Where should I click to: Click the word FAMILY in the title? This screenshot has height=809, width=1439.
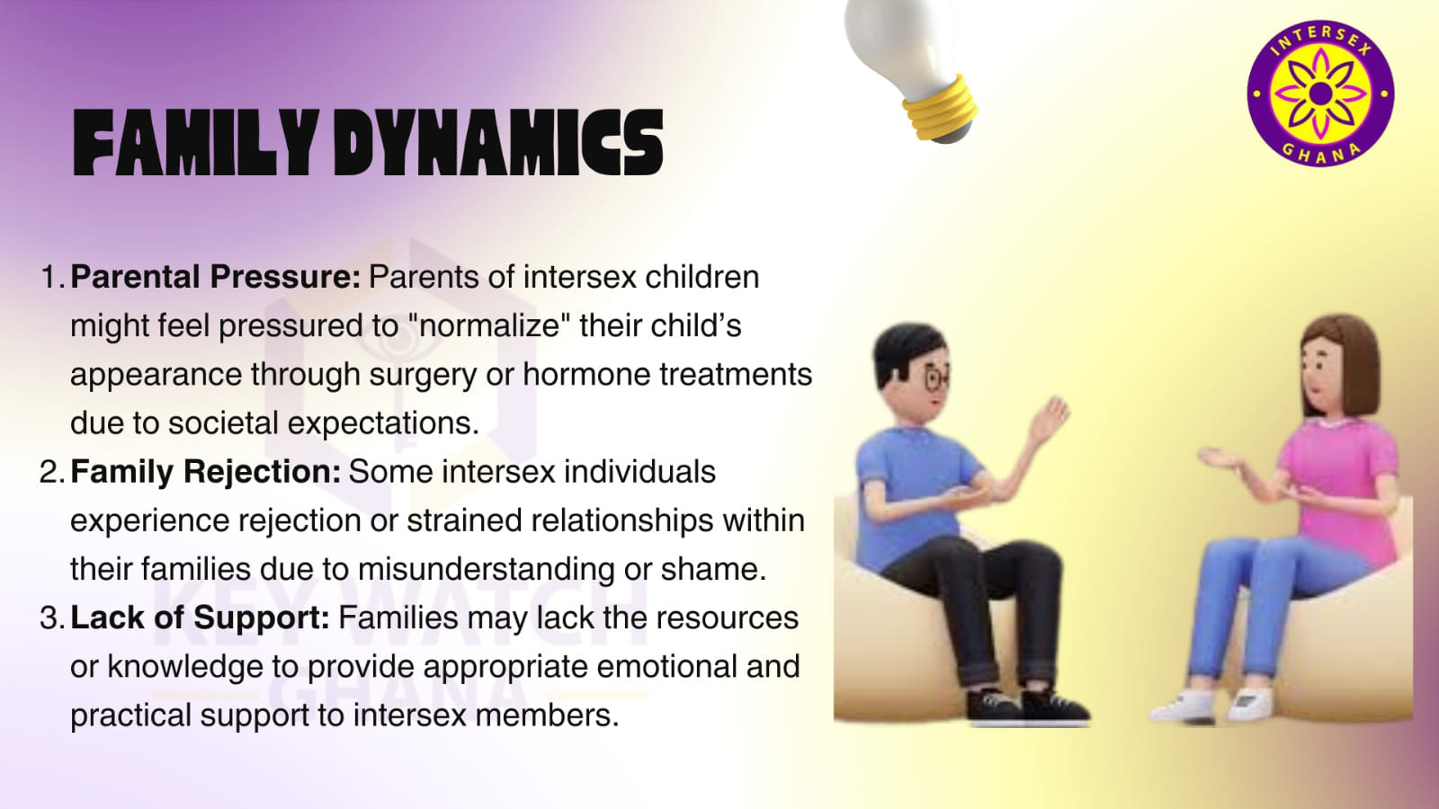[x=196, y=143]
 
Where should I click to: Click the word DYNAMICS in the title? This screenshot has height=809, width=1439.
[x=498, y=143]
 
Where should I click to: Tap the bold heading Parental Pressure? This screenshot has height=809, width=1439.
[x=216, y=278]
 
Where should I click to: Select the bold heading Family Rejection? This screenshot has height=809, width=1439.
[x=206, y=472]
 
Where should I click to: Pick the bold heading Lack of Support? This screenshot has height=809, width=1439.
[x=200, y=618]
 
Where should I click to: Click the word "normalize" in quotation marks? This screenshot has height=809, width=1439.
[x=490, y=325]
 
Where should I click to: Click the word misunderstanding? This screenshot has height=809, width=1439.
[x=487, y=570]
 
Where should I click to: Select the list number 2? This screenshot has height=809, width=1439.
[x=51, y=473]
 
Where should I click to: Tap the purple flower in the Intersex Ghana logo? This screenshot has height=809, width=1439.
[x=1320, y=93]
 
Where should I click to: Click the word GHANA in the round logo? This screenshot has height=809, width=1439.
[x=1321, y=153]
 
